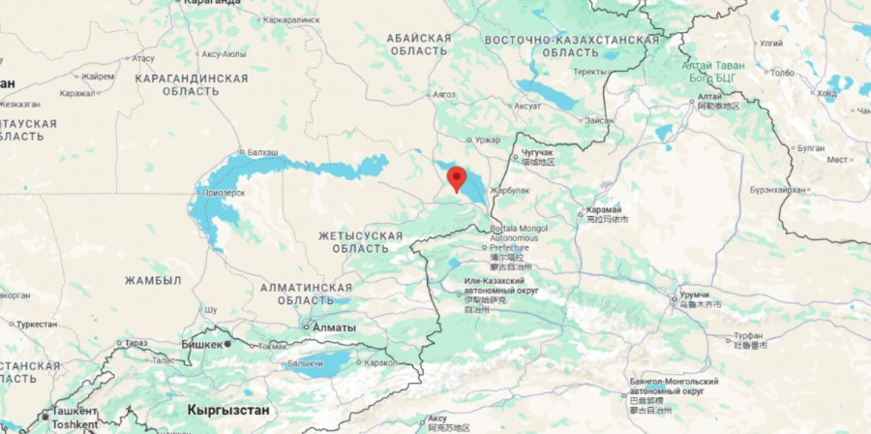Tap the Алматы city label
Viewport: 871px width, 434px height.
(334, 327)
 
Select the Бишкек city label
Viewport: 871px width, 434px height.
(202, 343)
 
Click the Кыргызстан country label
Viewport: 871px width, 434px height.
(228, 410)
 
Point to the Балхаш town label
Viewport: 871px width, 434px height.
(262, 152)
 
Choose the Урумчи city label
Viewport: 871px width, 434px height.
(695, 294)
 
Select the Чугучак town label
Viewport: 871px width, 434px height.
(538, 153)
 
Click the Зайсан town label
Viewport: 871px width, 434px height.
(598, 119)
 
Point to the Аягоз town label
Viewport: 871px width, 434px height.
(443, 94)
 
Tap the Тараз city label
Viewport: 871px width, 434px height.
(135, 343)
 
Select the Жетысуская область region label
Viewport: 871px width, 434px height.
(360, 242)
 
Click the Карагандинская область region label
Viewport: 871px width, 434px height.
(191, 84)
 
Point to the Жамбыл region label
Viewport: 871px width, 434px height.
(153, 280)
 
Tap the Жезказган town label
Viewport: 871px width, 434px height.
(21, 104)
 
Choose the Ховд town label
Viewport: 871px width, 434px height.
(826, 94)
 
